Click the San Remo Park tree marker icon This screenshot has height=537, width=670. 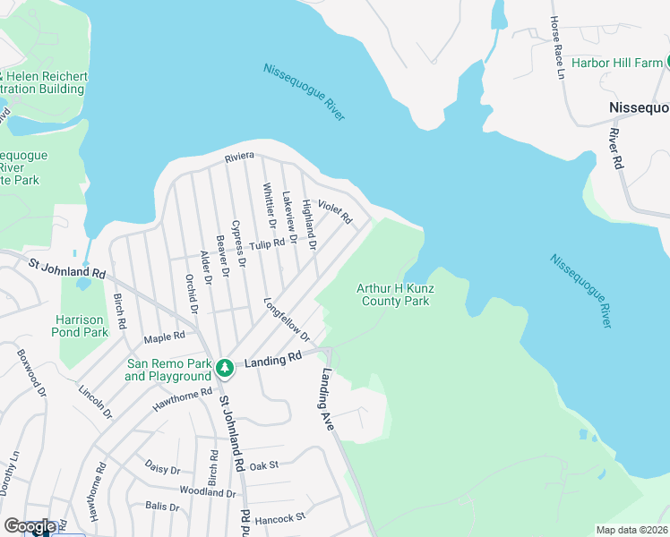(x=228, y=367)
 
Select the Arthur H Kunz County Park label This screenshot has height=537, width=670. (x=393, y=294)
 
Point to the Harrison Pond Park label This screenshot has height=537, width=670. (x=82, y=326)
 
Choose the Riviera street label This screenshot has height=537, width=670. (x=240, y=157)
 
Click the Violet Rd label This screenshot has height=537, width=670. (x=335, y=211)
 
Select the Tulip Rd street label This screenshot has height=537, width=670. (x=267, y=244)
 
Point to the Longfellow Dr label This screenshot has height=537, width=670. (x=287, y=320)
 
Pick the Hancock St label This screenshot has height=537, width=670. (x=280, y=517)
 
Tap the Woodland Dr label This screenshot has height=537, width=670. (x=207, y=492)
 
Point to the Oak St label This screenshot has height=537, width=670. (x=264, y=465)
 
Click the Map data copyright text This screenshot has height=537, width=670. (x=632, y=530)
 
